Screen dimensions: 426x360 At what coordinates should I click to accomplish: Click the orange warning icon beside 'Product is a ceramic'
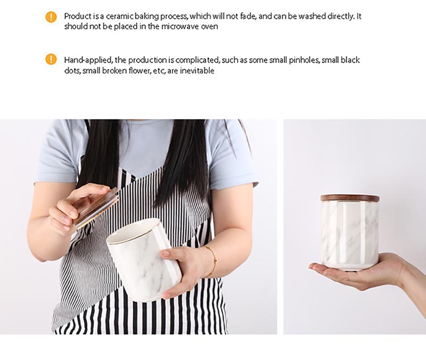pyautogui.click(x=51, y=17)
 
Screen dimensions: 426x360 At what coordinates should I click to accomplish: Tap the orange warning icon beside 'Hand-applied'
pyautogui.click(x=51, y=59)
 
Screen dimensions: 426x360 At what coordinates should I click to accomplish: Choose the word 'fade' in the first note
pyautogui.click(x=248, y=17)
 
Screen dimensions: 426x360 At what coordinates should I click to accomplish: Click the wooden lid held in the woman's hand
pyautogui.click(x=96, y=207)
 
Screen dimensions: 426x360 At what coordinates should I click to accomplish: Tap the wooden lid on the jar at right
pyautogui.click(x=350, y=198)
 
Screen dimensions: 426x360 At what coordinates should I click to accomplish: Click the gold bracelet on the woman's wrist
pyautogui.click(x=212, y=261)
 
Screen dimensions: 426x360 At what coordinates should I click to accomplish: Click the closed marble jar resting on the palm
pyautogui.click(x=350, y=232)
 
